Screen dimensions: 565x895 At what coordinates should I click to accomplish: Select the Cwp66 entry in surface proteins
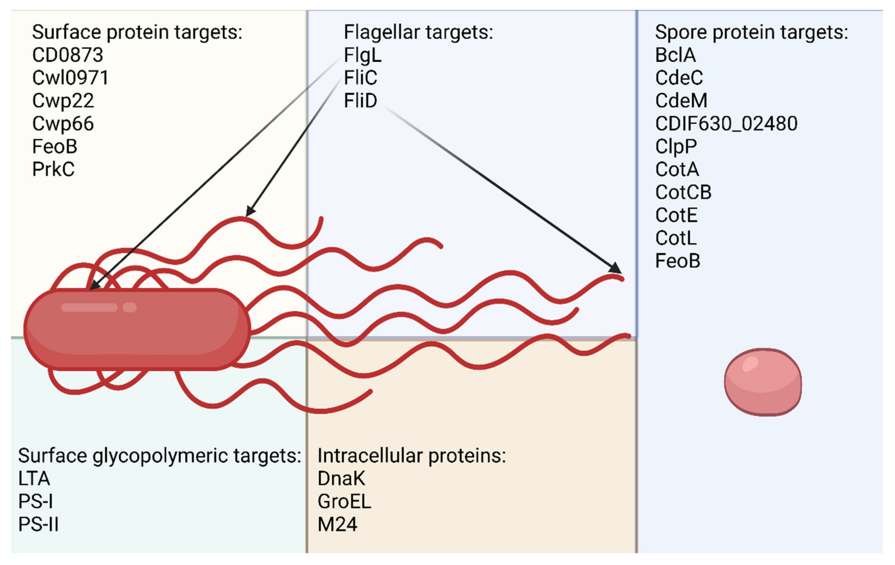63,124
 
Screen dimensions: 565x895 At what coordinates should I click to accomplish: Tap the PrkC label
53,169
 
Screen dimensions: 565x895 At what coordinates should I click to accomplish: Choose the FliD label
360,101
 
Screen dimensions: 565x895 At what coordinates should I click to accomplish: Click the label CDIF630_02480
726,124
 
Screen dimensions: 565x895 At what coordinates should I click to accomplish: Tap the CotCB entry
683,193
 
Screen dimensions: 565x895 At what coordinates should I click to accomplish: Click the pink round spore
763,382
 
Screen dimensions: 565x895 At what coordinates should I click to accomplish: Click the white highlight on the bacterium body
89,307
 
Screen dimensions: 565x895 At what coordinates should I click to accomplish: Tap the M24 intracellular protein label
337,524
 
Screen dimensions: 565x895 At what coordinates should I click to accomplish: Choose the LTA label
34,479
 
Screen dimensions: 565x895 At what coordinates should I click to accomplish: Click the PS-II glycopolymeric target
38,524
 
